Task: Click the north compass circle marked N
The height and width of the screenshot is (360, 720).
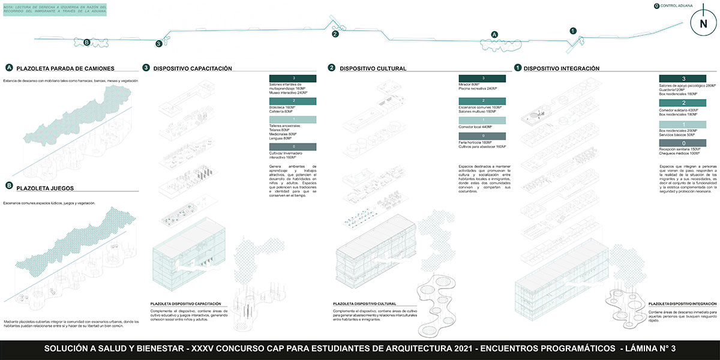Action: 701,25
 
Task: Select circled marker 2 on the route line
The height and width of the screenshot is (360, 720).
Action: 335,34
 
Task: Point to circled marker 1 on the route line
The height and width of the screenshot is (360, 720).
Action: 572,31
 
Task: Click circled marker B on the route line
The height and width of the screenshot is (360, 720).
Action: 87,42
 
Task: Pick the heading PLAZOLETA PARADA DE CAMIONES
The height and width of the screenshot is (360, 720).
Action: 65,68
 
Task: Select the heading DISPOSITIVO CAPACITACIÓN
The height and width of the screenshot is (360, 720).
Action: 193,68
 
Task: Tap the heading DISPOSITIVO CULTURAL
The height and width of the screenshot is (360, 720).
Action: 373,68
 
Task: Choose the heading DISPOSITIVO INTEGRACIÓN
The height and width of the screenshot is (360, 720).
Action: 561,68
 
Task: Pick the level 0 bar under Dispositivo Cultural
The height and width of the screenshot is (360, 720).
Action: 483,136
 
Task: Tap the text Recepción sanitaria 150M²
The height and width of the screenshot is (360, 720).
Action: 680,149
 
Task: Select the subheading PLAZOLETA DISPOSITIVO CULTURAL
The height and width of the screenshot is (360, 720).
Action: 368,304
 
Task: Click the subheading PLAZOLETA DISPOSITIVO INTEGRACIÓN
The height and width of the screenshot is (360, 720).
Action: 682,304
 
